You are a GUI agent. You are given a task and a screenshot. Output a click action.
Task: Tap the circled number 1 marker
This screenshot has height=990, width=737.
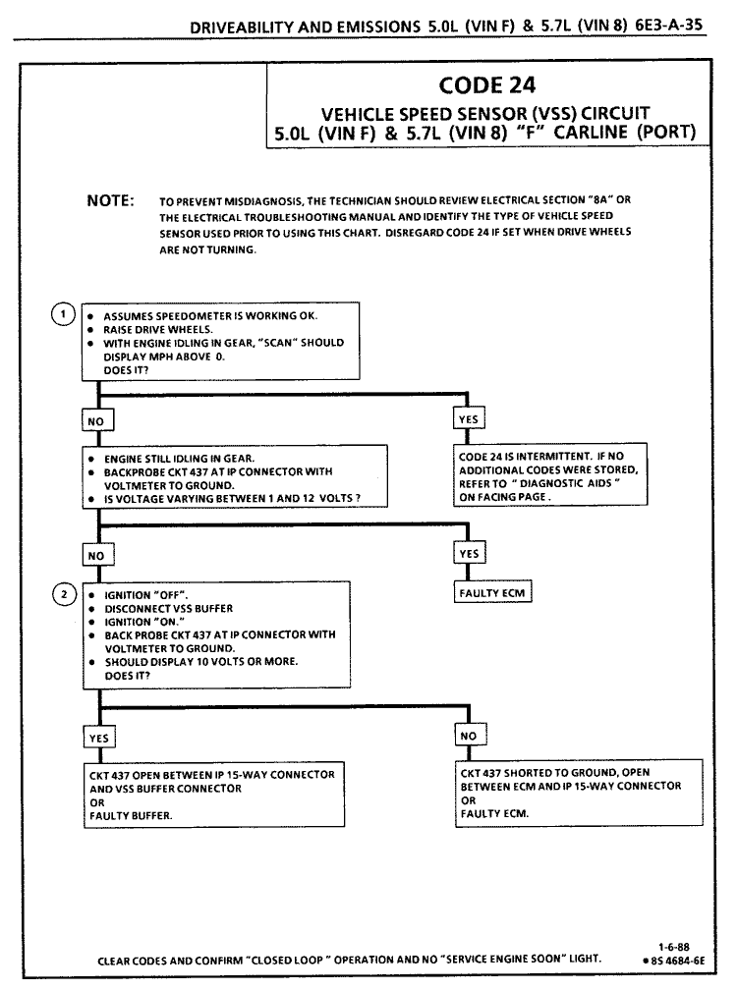coord(63,315)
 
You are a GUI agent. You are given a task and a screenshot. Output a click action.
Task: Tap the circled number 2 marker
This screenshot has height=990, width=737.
coord(63,595)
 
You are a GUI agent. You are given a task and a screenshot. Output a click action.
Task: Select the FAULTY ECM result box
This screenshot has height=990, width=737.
coord(493,593)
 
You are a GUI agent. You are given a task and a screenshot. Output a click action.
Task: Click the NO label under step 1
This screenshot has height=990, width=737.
coord(98,419)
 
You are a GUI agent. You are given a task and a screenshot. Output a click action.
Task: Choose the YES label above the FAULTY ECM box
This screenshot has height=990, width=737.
coord(470,554)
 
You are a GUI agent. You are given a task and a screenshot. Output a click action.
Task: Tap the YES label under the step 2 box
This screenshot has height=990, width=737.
coord(98,737)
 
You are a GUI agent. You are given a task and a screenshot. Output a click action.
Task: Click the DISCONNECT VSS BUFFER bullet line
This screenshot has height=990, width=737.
coord(168,609)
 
